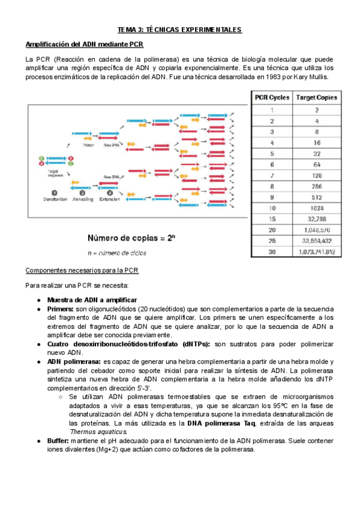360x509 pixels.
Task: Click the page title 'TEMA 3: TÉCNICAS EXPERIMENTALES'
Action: coord(179,29)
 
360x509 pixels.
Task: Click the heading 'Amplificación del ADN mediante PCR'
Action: coord(84,45)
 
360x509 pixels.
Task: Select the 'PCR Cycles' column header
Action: coord(272,97)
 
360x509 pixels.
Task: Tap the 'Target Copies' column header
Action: coord(316,97)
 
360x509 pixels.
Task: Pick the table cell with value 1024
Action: coord(316,208)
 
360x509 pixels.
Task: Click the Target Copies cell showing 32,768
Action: coord(316,219)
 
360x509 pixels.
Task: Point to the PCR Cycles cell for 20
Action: coord(272,230)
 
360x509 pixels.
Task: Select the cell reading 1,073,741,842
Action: coord(316,252)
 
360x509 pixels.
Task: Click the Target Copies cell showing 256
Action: coord(316,186)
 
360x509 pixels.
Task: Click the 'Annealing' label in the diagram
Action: coord(83,199)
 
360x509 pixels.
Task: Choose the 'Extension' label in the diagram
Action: coord(110,199)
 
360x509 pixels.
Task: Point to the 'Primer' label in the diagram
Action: coord(88,145)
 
